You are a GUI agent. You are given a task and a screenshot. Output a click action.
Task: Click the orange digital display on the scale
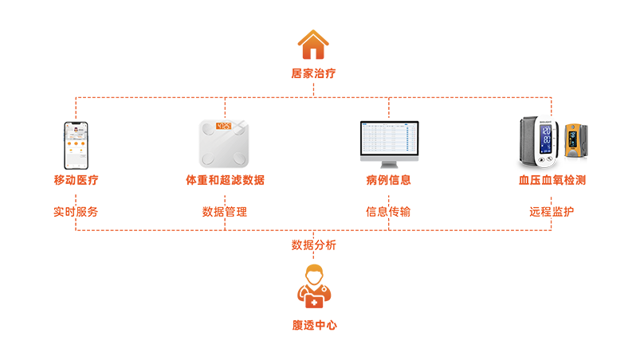(226, 126)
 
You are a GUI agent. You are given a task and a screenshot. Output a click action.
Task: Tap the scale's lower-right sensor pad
(248, 163)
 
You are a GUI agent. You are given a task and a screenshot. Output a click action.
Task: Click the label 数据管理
(226, 213)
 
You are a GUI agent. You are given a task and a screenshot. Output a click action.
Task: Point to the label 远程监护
(551, 213)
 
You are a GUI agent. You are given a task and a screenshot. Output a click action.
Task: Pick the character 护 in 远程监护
(568, 213)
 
